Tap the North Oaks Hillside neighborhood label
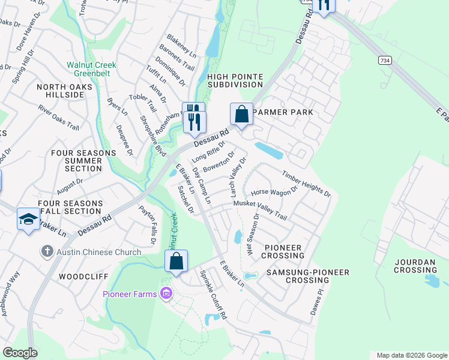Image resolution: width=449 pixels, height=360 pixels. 60,91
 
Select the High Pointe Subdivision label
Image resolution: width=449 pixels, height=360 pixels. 235,80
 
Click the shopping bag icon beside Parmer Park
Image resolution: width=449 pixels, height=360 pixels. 241,113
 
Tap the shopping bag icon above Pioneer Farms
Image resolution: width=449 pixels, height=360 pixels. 176,261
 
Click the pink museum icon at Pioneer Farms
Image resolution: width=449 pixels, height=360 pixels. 166,293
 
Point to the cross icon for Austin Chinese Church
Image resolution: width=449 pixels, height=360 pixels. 47,251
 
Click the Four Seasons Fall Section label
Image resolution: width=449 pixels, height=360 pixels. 70,208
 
